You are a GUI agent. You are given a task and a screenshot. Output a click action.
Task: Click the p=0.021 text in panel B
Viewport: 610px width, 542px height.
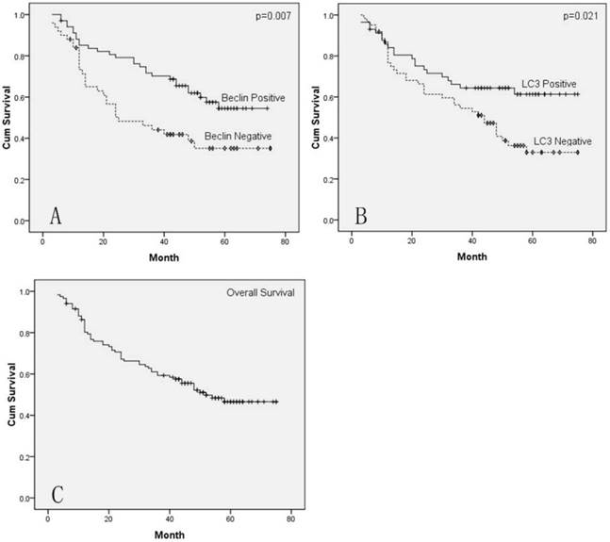577,17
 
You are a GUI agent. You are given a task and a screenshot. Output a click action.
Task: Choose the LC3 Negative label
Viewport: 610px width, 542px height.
563,141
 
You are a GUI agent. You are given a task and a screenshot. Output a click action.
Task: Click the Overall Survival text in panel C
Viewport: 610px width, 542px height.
260,292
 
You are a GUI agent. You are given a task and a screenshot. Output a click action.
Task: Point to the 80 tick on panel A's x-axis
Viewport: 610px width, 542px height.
285,241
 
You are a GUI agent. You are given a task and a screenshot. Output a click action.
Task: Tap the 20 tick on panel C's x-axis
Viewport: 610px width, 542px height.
108,517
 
